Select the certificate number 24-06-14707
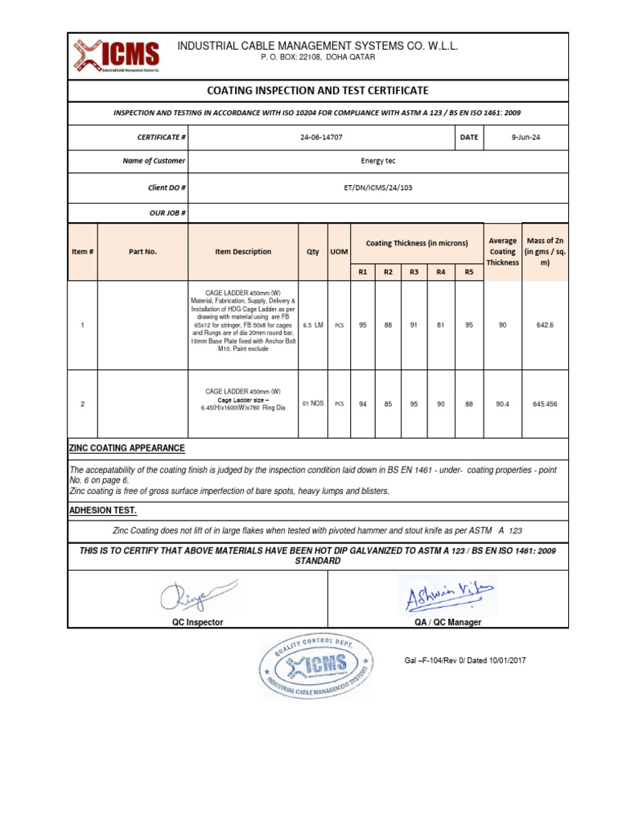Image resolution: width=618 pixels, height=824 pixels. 320,138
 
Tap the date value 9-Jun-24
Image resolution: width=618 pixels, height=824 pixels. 525,138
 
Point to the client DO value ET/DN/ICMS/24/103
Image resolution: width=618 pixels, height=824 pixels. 378,187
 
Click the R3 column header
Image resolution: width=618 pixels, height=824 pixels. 414,272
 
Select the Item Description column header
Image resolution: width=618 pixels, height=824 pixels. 243,252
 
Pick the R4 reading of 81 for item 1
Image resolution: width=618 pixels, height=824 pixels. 440,325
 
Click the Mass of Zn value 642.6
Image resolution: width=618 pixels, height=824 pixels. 545,325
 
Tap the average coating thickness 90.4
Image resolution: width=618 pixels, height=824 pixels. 502,404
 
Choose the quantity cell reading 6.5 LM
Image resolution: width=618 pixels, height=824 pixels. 313,325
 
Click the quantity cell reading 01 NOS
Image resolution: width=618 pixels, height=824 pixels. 313,404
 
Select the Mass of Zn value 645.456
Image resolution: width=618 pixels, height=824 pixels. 545,404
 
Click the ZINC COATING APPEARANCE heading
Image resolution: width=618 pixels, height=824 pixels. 127,448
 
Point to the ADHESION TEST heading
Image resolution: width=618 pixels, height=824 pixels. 103,511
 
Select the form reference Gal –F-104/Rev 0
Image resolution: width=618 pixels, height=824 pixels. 464,661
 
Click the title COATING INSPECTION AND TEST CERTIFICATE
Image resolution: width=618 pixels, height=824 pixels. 318,91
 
